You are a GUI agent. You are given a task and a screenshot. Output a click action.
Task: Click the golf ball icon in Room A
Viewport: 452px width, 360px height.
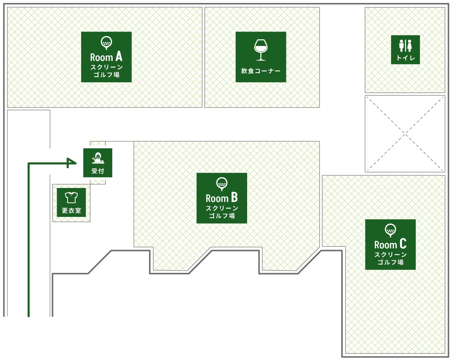pos(106,42)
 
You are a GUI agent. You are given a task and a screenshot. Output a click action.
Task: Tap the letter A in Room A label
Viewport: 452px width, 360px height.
pos(119,57)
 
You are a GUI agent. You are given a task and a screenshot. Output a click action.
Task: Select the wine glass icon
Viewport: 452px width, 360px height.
pos(261,49)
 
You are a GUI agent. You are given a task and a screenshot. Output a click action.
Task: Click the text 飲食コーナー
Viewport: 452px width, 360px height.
pos(261,71)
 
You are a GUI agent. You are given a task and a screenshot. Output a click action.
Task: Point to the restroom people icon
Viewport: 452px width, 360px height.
pos(405,46)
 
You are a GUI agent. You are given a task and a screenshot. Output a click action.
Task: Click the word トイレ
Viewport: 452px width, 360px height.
pos(405,58)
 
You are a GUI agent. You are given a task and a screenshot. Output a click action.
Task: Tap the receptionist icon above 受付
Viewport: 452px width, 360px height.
pos(98,158)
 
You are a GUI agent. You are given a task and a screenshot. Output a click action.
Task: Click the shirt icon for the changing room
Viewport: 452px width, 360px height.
pos(71,197)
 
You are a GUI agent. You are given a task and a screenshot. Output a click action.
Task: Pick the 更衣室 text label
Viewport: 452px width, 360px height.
pos(71,211)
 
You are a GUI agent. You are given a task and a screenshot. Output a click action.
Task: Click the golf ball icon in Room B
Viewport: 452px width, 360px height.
pos(222,183)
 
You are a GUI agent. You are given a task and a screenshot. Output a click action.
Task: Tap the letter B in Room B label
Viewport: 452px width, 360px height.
pos(234,198)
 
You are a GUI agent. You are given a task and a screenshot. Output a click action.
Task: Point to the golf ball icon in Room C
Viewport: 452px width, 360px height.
pos(390,230)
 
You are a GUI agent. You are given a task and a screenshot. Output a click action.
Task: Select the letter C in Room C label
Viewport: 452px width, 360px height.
pos(403,244)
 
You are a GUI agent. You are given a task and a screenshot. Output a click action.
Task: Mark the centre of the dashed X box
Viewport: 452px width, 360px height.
pos(405,133)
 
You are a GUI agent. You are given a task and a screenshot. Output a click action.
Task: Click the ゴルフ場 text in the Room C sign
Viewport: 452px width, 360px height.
pos(390,262)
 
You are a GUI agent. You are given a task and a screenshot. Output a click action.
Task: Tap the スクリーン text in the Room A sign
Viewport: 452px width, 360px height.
pos(106,67)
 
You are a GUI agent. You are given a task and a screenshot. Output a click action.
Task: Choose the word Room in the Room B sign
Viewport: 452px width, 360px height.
pos(216,198)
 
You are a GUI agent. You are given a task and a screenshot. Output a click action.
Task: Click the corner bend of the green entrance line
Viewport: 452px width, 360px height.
pos(29,163)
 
